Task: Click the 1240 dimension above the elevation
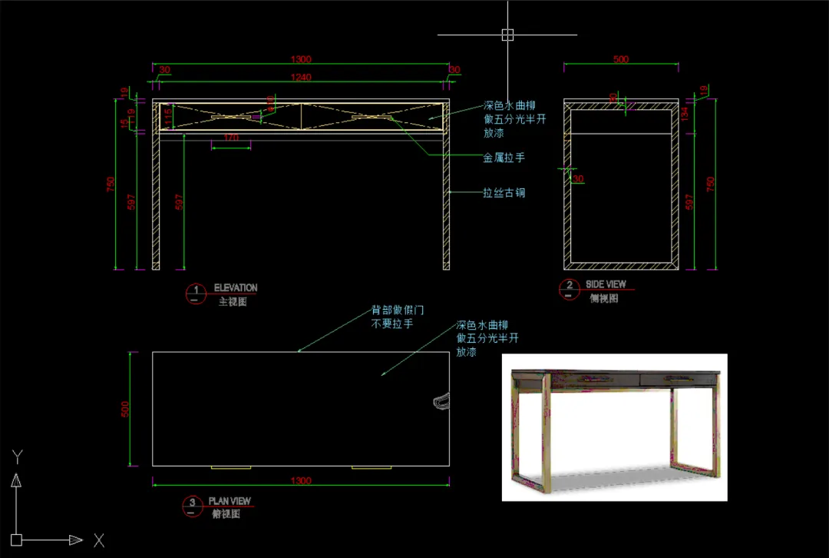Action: pos(301,76)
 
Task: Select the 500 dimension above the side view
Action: pos(621,59)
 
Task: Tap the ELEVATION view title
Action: pos(236,288)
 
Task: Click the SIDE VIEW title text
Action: pos(606,284)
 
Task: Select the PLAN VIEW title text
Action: pos(230,501)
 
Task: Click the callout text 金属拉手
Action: pos(504,158)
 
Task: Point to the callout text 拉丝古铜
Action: pos(504,193)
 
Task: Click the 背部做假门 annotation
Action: pos(398,311)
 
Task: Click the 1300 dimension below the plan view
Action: pos(301,481)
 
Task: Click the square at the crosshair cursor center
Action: pos(507,35)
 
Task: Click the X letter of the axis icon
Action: pos(99,540)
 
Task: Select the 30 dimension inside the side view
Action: pos(577,179)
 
